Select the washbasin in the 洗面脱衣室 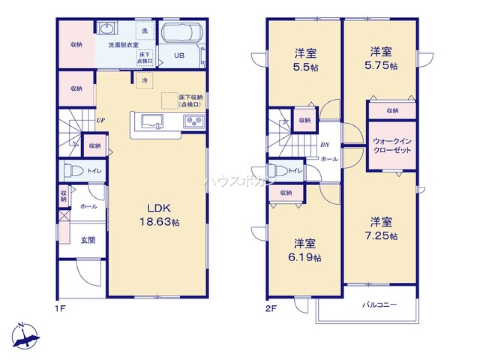pyautogui.click(x=106, y=28)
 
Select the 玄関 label pyautogui.click(x=87, y=240)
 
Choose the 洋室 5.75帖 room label pyautogui.click(x=382, y=58)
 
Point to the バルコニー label pyautogui.click(x=379, y=304)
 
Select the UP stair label pyautogui.click(x=100, y=120)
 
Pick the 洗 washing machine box pyautogui.click(x=144, y=31)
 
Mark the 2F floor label pyautogui.click(x=272, y=308)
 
